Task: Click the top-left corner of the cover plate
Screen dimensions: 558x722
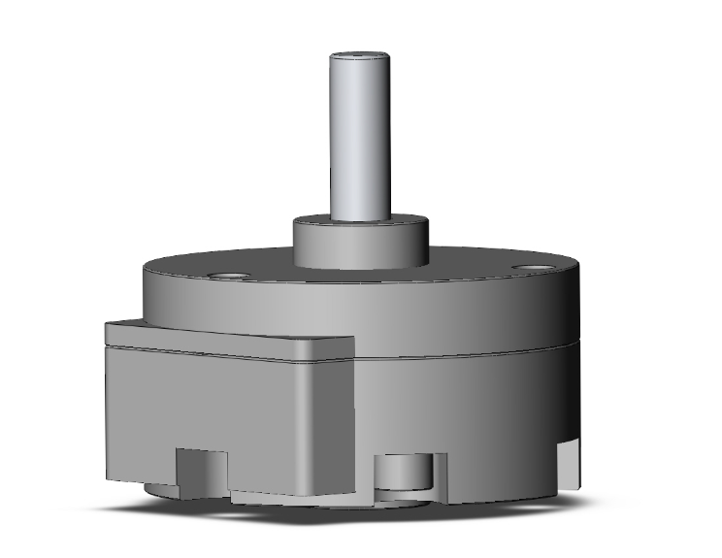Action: pos(110,324)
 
